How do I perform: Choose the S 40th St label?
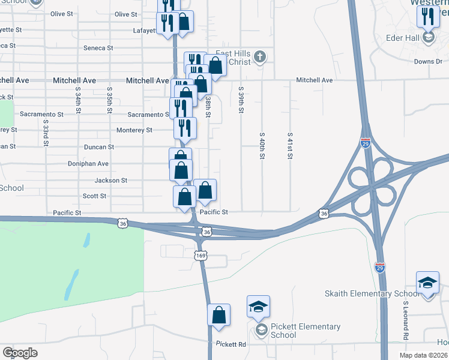point(262,146)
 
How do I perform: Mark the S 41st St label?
point(290,146)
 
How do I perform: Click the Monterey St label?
point(134,130)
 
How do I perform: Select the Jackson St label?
point(111,180)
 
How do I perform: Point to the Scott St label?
point(94,196)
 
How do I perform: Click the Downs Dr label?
point(428,61)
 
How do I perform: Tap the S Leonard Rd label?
point(405,319)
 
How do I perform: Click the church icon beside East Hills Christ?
point(259,58)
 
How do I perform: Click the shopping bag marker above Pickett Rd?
point(219,314)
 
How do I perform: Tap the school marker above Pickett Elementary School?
point(258,307)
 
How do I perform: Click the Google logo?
point(20,353)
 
